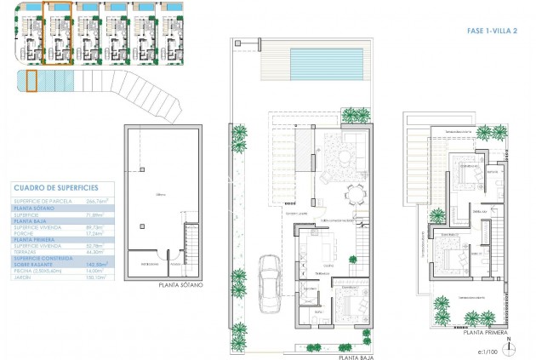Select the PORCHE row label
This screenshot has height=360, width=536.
26,232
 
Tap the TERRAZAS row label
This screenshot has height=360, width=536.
27,251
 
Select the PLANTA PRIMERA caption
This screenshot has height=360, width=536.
485,333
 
